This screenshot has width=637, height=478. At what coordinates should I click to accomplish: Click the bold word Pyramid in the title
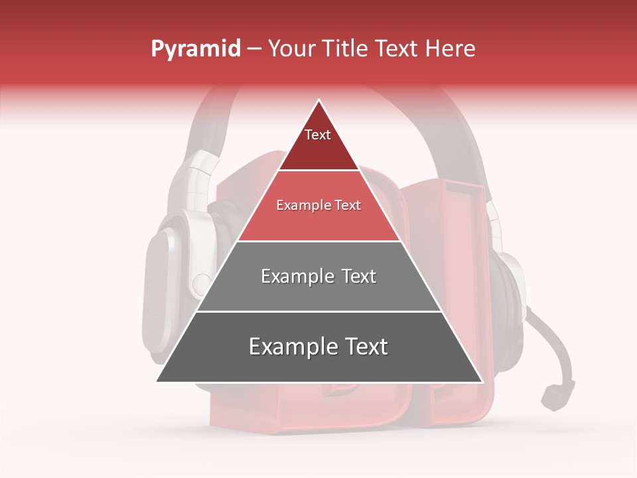coord(195,49)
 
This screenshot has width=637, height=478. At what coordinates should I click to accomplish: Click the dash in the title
coord(253,49)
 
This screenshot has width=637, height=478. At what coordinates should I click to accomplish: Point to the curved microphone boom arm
coord(554,345)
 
